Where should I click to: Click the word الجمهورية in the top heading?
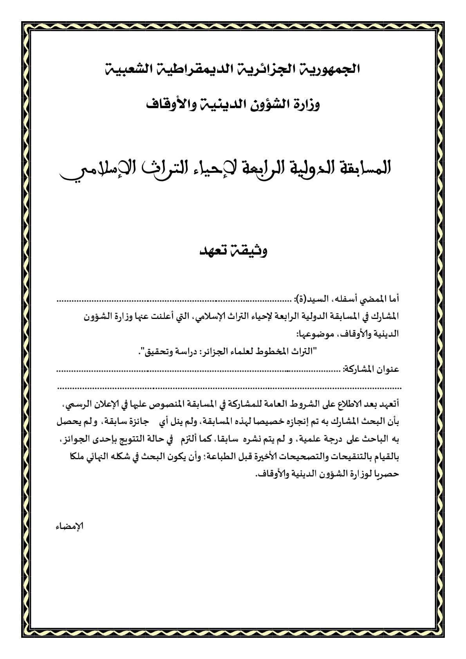tap(329, 69)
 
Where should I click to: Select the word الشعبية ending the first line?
tap(127, 69)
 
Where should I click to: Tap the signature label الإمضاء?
tap(70, 526)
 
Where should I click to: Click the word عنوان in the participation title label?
tap(388, 369)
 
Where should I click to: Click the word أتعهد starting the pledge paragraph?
tap(389, 404)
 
